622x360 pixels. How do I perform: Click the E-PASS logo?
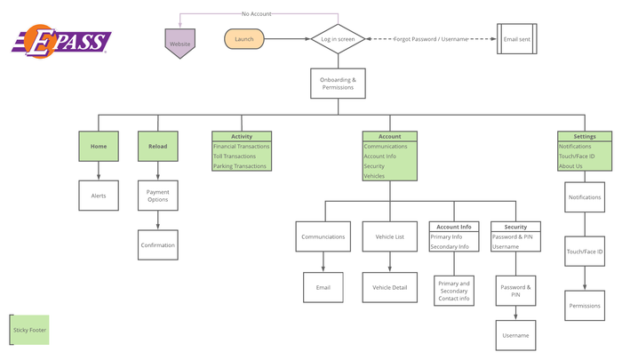[x=61, y=41]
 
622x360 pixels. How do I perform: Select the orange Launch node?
[x=244, y=39]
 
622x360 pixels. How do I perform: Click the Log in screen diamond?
[x=338, y=39]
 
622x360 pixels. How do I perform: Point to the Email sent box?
[x=517, y=39]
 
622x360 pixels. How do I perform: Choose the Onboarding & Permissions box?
[x=338, y=84]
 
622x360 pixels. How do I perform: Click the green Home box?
[x=99, y=146]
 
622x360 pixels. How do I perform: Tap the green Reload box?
[x=158, y=146]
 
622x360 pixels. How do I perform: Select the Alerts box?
[x=99, y=196]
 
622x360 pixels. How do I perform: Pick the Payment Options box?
[x=158, y=196]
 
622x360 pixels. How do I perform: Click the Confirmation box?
[x=158, y=245]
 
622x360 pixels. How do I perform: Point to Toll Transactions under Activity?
[x=235, y=156]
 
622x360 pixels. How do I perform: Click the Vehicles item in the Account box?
[x=374, y=176]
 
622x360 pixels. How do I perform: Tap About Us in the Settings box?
[x=570, y=166]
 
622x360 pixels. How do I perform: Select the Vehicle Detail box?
[x=389, y=287]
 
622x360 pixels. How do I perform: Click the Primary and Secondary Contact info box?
[x=454, y=291]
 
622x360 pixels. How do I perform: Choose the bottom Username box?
[x=515, y=335]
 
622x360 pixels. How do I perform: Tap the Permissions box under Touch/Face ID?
[x=585, y=306]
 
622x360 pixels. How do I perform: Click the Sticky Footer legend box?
[x=29, y=330]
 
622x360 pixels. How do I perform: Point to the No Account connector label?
[x=257, y=14]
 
